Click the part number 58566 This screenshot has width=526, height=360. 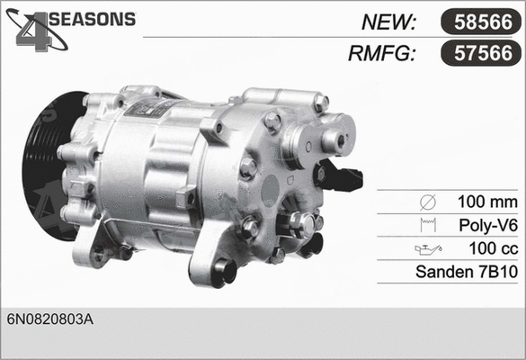[479, 22]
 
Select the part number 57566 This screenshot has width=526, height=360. [479, 54]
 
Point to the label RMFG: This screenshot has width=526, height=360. [381, 54]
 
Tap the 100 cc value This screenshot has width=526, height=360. [491, 247]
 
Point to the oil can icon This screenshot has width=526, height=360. [423, 247]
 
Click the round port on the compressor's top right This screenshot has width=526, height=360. [333, 139]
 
